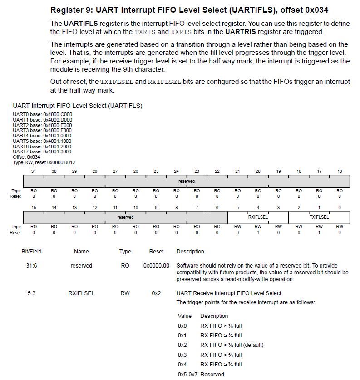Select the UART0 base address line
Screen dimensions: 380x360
click(x=42, y=114)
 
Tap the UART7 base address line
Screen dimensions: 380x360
click(x=42, y=151)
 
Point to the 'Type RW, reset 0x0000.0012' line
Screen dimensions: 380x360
click(x=44, y=162)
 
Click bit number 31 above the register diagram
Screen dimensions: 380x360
click(x=34, y=171)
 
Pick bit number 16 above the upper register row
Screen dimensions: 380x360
click(x=340, y=171)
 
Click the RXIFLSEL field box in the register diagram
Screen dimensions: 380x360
click(x=258, y=217)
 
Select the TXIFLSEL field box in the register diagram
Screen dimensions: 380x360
click(x=319, y=217)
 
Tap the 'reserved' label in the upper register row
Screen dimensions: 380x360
click(x=187, y=181)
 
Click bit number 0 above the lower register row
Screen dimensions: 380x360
click(x=340, y=207)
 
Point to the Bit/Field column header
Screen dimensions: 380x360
click(x=32, y=252)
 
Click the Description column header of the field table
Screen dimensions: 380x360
click(x=190, y=252)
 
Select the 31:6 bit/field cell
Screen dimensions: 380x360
click(x=32, y=266)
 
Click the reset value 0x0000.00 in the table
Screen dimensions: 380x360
click(x=156, y=266)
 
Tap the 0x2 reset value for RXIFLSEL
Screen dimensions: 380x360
click(x=156, y=293)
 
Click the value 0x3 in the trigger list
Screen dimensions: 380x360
click(x=182, y=355)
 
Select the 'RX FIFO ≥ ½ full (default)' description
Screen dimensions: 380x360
click(x=232, y=345)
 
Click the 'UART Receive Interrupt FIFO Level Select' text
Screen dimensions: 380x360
click(x=229, y=293)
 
